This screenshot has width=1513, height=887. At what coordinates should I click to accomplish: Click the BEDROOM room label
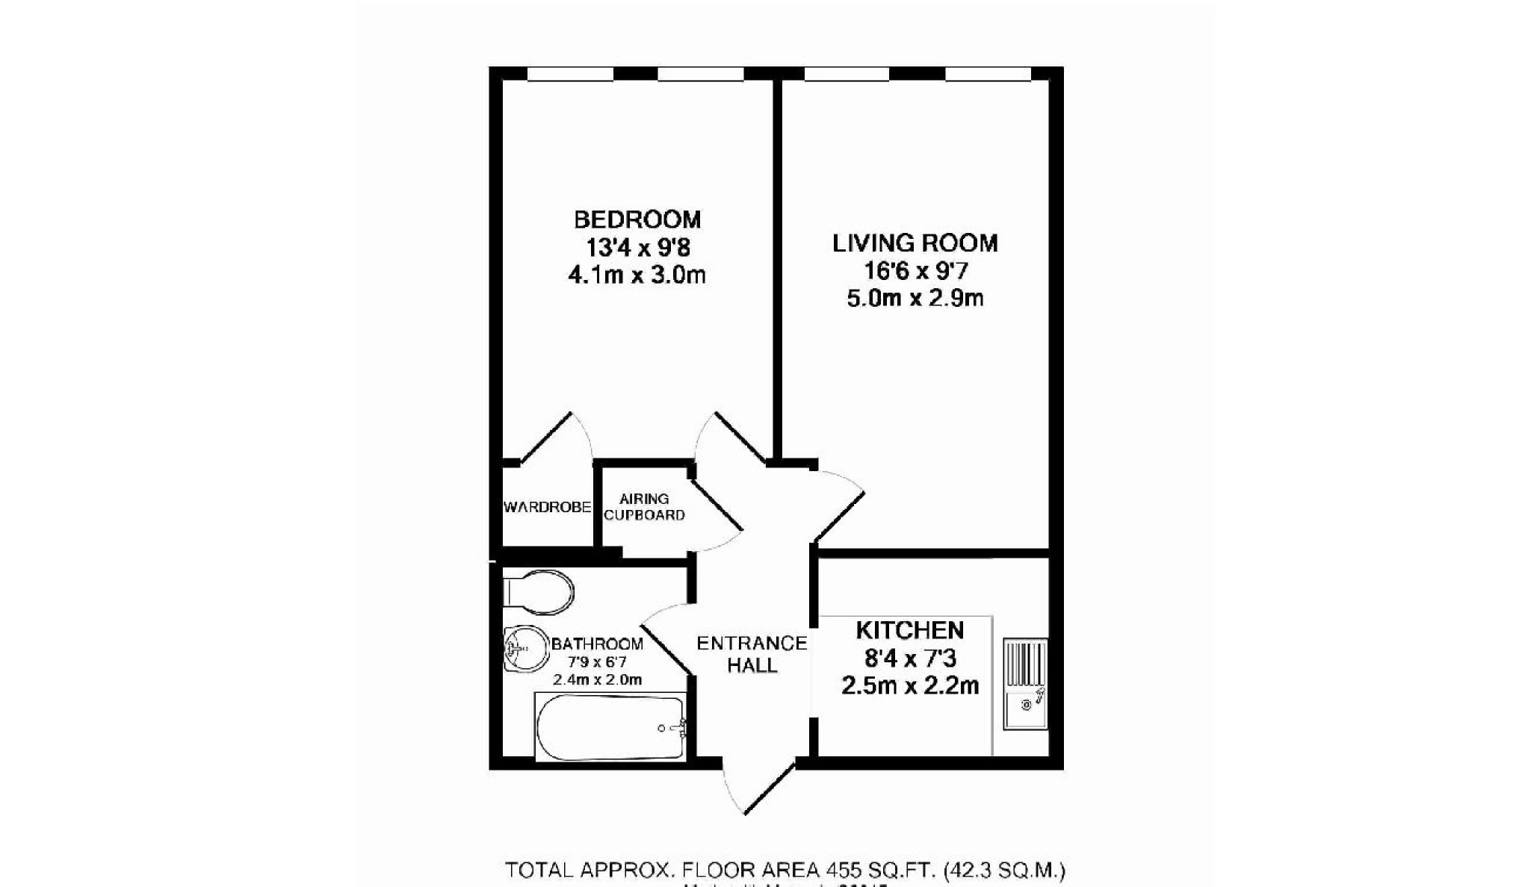coord(637,220)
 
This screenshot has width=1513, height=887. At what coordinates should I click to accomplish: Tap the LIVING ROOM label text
coord(915,243)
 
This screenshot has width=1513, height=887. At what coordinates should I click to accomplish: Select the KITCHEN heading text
coord(909,630)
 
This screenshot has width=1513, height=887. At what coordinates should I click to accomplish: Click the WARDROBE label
coord(547,508)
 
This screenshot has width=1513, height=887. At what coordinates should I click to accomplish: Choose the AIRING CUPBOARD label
coord(644,507)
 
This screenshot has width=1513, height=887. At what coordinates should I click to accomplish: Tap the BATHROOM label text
coord(597,644)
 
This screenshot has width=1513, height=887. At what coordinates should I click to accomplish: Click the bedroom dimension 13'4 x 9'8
coord(637,247)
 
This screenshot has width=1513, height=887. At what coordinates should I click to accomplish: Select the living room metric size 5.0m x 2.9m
coord(915,299)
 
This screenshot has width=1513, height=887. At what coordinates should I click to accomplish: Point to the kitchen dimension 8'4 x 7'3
coord(910,659)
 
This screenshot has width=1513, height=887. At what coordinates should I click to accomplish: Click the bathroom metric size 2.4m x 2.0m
coord(597,679)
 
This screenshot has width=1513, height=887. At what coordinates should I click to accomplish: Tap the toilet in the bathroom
coord(539,592)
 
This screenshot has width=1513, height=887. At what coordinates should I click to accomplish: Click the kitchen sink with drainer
coord(1024,684)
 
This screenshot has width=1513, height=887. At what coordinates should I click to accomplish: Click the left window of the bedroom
coord(570,73)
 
